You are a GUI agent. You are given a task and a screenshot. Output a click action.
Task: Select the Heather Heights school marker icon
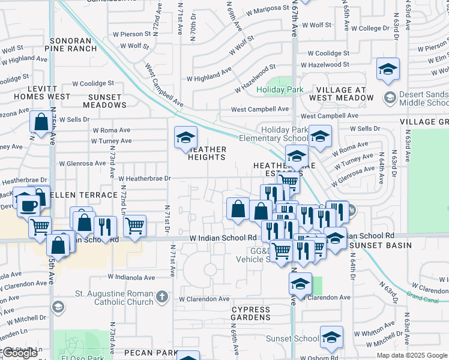[x=185, y=137]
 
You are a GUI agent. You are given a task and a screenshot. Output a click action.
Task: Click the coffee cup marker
[x=28, y=206]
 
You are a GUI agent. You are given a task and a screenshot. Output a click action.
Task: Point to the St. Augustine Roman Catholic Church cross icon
[x=161, y=296]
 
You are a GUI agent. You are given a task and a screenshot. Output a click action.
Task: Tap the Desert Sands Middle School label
[x=424, y=100]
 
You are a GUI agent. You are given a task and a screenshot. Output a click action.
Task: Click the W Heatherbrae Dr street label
[x=145, y=178]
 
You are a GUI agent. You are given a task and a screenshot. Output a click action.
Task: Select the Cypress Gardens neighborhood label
[x=250, y=313]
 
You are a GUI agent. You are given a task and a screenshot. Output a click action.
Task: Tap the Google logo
[x=19, y=353]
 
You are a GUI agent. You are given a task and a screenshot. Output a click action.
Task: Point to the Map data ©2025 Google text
[x=412, y=355]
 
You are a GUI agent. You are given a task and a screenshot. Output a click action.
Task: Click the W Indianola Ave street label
[x=132, y=277]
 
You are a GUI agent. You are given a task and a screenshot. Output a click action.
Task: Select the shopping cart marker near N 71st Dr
[x=135, y=226]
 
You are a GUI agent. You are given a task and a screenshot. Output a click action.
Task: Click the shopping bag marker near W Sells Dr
[x=41, y=122]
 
